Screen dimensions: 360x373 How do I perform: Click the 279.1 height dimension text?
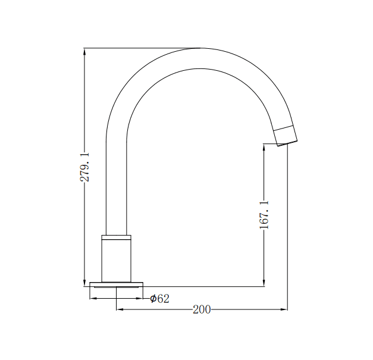(x=85, y=167)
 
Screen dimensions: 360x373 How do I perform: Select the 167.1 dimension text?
(x=265, y=215)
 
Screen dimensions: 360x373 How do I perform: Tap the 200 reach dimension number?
(x=202, y=309)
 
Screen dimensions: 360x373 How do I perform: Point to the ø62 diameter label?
(x=159, y=298)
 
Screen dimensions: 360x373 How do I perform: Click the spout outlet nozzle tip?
(x=286, y=137)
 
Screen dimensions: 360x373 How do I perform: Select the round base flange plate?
(x=117, y=284)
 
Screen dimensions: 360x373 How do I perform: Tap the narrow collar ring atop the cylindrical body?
(x=117, y=237)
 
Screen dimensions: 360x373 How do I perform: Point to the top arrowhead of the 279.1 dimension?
(x=85, y=52)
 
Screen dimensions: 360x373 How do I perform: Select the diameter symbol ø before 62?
(x=153, y=298)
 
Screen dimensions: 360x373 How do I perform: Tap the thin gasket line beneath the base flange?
(x=117, y=288)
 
